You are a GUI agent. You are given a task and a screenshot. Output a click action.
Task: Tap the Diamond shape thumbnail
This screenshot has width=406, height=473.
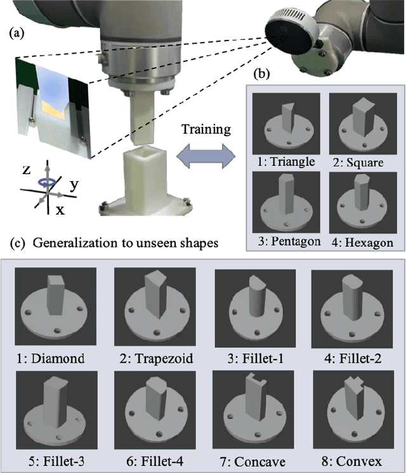(55, 306)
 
